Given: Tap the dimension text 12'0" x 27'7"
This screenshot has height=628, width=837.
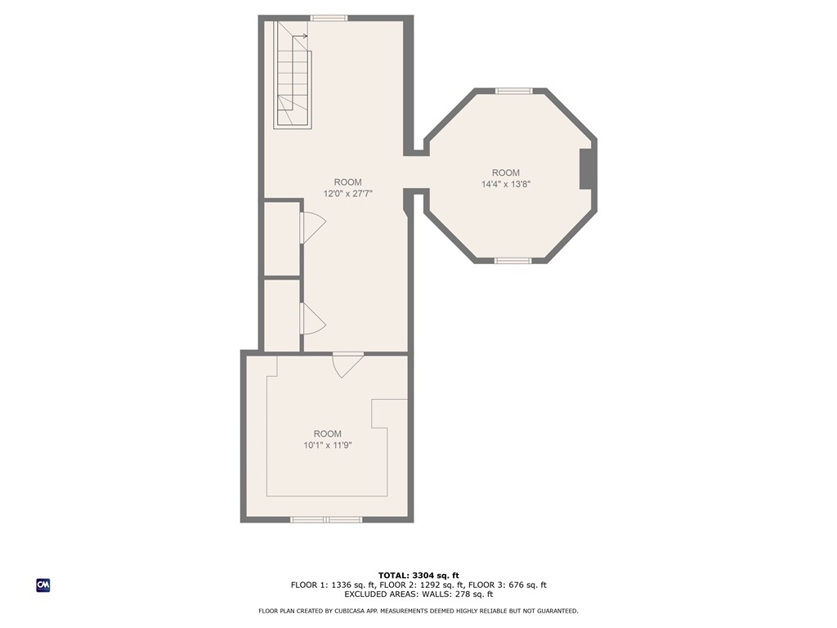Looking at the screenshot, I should (x=347, y=194).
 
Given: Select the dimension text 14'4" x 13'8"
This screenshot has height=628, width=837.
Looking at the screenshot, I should (x=506, y=184).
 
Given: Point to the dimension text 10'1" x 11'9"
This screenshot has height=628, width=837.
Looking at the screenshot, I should (x=327, y=445).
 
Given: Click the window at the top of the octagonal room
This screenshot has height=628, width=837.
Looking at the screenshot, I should (x=514, y=91).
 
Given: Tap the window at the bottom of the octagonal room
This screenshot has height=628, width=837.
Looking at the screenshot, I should (x=513, y=261).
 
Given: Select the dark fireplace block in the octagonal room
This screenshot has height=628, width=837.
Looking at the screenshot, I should (x=587, y=169).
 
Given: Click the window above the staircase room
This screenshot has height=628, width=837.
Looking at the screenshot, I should (x=329, y=18).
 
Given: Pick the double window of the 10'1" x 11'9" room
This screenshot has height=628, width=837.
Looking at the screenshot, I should (x=326, y=519).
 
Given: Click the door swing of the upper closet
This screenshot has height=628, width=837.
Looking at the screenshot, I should (x=311, y=227).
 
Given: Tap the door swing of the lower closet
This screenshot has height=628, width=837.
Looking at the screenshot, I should (x=311, y=318).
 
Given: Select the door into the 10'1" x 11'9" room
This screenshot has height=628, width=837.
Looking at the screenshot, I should (x=347, y=364).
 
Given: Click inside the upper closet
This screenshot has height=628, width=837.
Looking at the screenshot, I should (x=281, y=239).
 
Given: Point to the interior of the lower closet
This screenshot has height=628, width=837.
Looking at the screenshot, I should (x=281, y=316).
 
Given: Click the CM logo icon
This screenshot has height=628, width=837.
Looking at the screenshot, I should (x=43, y=585).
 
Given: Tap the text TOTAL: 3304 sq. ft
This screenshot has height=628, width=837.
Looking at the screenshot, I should (x=418, y=575).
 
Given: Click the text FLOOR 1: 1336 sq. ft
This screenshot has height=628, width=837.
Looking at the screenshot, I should (x=333, y=585).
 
